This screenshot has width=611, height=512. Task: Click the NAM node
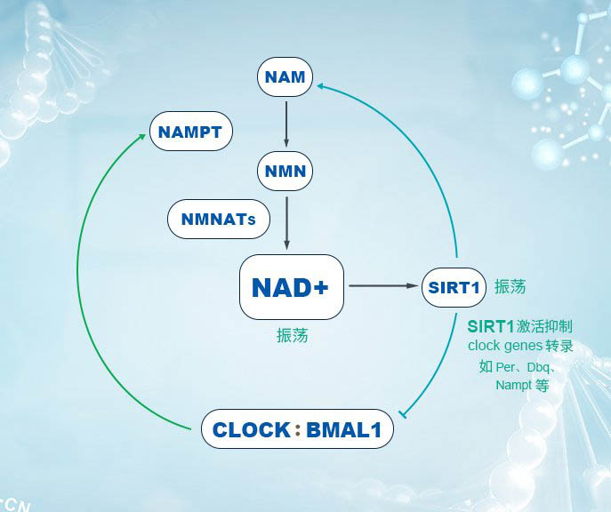tap(285, 76)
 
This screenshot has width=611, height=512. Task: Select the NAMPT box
tap(191, 132)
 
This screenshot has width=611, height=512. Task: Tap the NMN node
tap(285, 171)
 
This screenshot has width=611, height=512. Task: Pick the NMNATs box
tap(219, 219)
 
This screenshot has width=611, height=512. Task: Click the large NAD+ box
tap(292, 287)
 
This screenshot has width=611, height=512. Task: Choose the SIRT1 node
tap(454, 287)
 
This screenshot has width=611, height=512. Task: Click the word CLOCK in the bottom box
tap(252, 430)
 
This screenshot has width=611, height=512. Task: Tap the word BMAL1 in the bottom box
tap(343, 430)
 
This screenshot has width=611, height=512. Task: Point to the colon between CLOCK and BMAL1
tap(298, 430)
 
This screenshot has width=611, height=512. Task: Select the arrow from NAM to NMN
tap(286, 124)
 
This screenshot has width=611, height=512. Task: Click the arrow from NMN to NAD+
tap(286, 223)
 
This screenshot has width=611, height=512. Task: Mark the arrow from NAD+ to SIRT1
tap(384, 286)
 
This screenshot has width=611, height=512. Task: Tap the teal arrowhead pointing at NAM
tap(321, 85)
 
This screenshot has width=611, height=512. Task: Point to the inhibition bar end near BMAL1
tap(403, 414)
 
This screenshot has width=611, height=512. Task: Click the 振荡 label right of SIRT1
tap(511, 287)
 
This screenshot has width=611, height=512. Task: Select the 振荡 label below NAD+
tap(293, 335)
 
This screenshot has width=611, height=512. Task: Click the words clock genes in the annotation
tap(505, 346)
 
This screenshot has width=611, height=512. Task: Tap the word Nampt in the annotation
tap(513, 386)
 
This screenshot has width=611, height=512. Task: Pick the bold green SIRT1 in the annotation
tap(491, 327)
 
